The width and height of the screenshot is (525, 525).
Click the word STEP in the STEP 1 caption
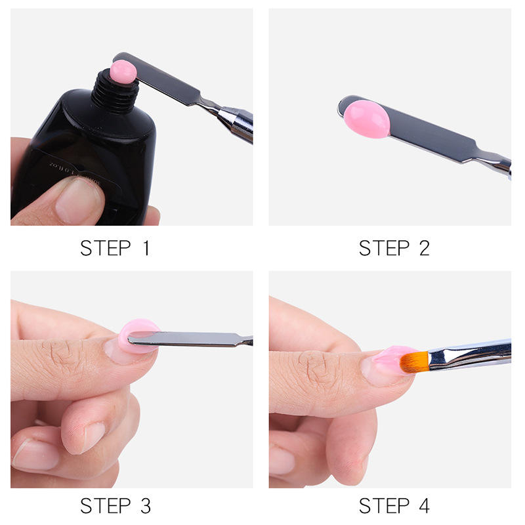coord(104,248)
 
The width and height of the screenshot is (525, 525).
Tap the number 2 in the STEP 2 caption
coord(423,248)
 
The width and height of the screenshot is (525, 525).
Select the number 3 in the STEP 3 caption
coord(144,506)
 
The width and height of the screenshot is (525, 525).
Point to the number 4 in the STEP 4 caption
coord(423,506)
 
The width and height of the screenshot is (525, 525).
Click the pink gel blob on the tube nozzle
coord(123,71)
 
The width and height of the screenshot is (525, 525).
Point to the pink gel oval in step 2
coord(366,119)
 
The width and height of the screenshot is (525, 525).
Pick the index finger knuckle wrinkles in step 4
coord(322,367)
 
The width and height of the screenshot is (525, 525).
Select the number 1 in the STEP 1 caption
coord(144,248)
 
